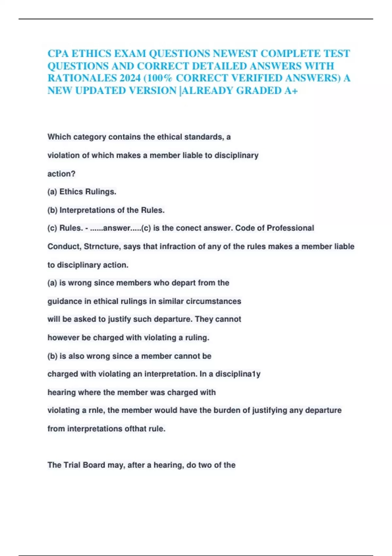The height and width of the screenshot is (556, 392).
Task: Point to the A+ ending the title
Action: coord(290,91)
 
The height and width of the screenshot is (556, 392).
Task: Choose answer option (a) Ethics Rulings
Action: coord(82,192)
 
